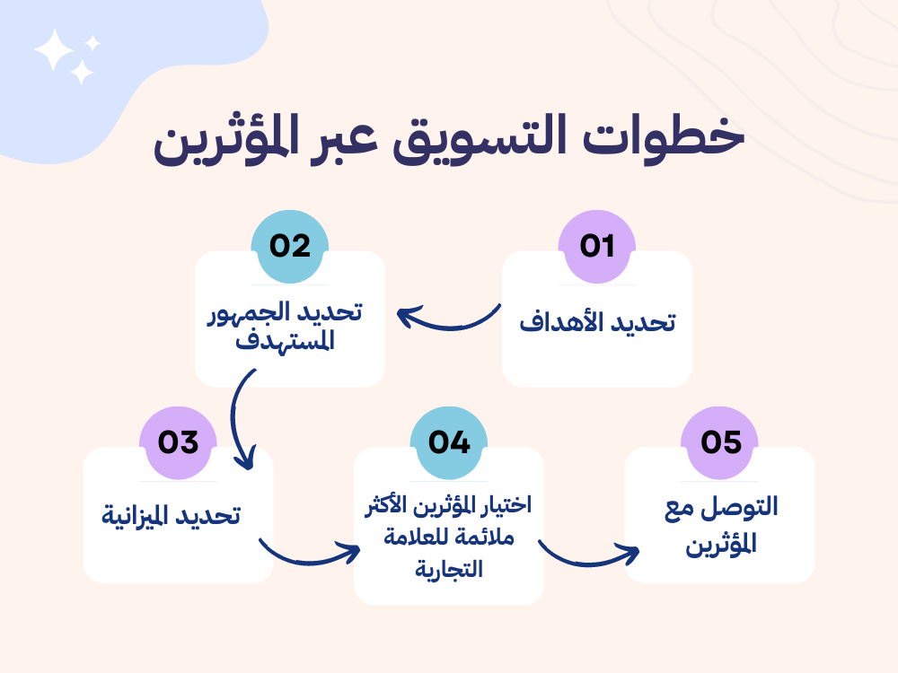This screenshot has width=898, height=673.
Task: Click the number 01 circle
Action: [x=597, y=247]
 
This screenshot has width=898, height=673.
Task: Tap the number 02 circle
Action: [x=290, y=247]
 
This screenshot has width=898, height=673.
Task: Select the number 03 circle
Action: [x=178, y=443]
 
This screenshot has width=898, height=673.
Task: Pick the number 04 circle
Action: [x=449, y=443]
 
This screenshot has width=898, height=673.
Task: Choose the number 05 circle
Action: [x=720, y=443]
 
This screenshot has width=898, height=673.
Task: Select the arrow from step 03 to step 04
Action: [x=309, y=563]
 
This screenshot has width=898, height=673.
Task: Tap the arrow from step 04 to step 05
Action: [x=587, y=564]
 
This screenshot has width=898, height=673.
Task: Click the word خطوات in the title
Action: [x=664, y=137]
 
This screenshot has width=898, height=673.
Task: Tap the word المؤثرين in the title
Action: [x=226, y=139]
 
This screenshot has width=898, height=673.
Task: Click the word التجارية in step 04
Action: [x=449, y=569]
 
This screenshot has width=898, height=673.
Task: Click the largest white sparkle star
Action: [x=55, y=49]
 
